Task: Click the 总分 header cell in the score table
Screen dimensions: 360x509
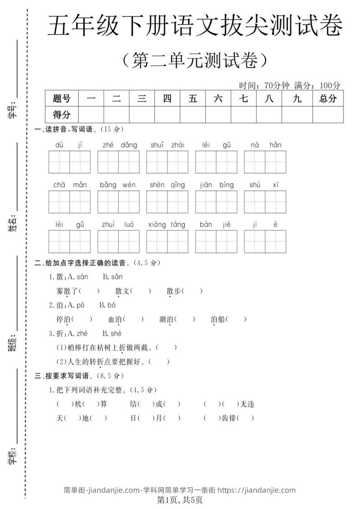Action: (327, 98)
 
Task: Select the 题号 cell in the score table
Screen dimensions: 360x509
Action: (62, 98)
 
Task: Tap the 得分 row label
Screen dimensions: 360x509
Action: (62, 114)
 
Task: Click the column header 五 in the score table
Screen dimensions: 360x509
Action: (192, 98)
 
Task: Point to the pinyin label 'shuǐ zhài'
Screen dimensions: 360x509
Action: (168, 145)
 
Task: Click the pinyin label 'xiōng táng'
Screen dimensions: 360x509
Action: (167, 225)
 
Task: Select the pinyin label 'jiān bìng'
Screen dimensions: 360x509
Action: (217, 185)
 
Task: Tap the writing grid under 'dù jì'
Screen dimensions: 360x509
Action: (69, 162)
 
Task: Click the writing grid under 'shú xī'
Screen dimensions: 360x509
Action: (265, 202)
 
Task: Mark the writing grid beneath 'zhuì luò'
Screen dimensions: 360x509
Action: (118, 241)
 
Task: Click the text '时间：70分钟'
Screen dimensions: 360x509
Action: (264, 85)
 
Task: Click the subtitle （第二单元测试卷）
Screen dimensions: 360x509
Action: (194, 61)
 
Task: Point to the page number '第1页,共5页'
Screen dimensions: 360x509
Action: (180, 500)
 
